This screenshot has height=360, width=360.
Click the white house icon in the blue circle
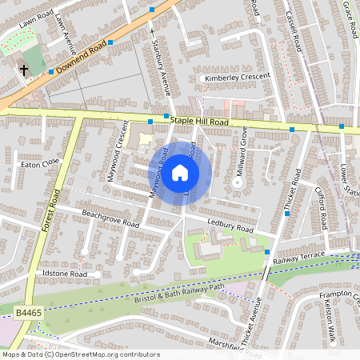180,172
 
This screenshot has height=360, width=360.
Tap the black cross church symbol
24,70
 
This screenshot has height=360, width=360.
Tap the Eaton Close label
40,162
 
